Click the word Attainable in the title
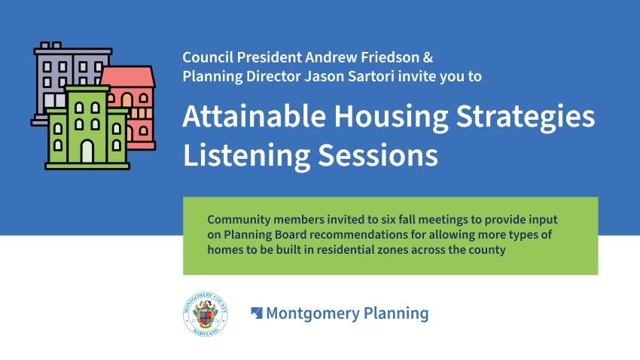click(x=254, y=116)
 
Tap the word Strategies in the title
click(x=526, y=119)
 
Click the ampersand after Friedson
click(x=428, y=57)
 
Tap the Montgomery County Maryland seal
click(x=206, y=314)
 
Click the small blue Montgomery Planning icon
click(x=256, y=313)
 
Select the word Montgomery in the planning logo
click(x=312, y=314)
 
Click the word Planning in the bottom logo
click(x=396, y=314)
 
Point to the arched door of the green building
click(x=87, y=151)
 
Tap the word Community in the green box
click(x=239, y=220)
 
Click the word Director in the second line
click(x=273, y=76)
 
